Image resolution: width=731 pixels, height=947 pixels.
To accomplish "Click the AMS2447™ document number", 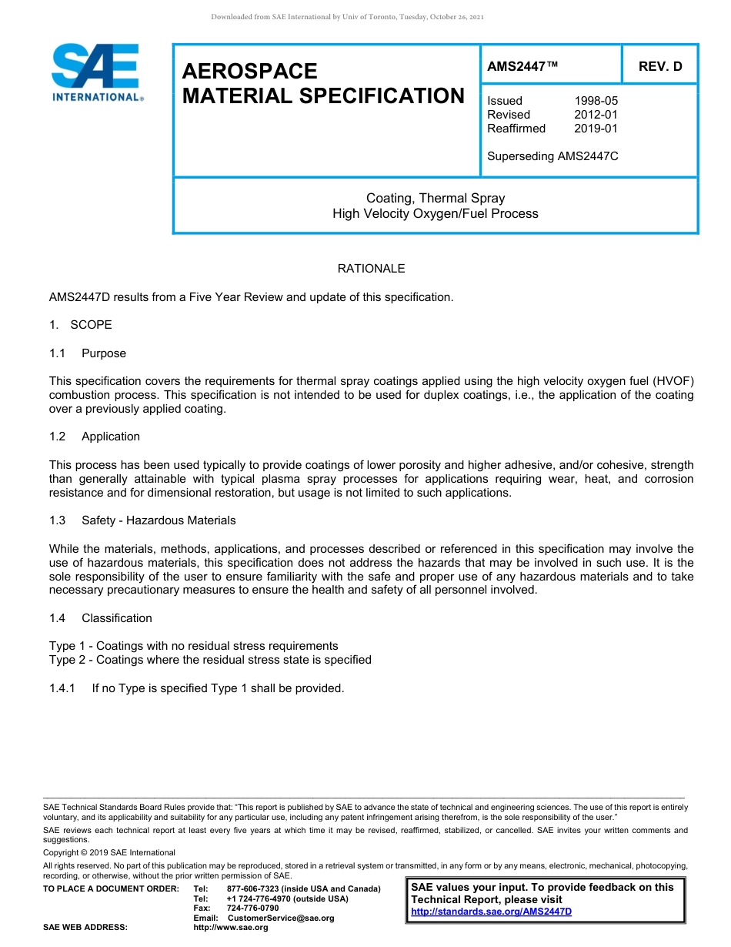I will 522,66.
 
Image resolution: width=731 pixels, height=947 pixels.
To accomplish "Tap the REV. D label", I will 660,66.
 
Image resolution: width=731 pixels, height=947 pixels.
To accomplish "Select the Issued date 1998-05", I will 596,101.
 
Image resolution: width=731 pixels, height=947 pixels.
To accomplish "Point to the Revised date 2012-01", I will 596,115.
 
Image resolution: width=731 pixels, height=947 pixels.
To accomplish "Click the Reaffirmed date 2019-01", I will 596,129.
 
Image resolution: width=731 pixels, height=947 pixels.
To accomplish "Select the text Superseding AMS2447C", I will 552,156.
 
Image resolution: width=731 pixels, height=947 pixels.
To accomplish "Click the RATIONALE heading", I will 371,269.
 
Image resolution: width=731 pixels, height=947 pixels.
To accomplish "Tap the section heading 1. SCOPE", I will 81,325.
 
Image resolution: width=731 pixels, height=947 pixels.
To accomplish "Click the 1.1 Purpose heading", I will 88,353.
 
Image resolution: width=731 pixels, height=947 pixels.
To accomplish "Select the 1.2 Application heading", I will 95,437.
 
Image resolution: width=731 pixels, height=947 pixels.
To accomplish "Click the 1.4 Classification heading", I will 101,618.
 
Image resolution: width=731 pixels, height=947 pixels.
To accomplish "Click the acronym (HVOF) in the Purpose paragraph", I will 673,381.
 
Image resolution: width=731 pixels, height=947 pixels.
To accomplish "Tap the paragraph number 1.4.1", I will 62,688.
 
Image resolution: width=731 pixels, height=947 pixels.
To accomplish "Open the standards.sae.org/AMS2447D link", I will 491,912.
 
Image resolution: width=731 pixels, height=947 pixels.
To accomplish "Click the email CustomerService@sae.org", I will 281,918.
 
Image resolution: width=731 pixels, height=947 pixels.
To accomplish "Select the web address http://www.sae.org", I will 231,928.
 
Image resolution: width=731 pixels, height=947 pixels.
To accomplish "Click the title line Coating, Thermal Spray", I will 436,199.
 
